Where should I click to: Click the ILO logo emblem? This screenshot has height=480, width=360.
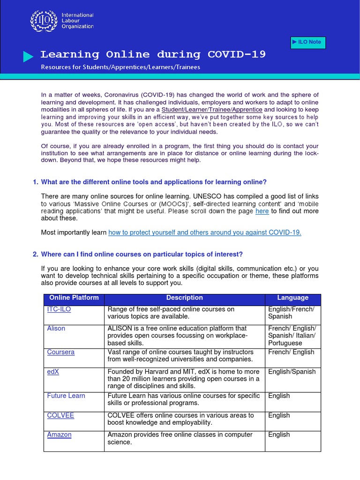[x=42, y=21]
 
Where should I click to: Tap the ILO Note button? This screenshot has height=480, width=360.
[x=307, y=42]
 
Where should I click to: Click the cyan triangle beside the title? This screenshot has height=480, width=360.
[x=29, y=57]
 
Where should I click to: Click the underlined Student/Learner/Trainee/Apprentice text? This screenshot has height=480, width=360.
[x=212, y=109]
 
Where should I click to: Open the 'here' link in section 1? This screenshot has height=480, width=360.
[x=262, y=211]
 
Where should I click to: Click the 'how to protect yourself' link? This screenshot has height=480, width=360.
[x=205, y=232]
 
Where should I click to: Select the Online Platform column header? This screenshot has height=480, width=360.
[x=74, y=298]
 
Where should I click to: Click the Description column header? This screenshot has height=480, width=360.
[x=184, y=298]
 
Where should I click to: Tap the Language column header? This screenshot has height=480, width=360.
[x=292, y=298]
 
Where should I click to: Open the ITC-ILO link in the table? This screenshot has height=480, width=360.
[x=59, y=309]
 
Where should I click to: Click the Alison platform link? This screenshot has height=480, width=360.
[x=56, y=328]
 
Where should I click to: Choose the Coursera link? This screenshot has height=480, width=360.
[x=61, y=352]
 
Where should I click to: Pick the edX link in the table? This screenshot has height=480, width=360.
[x=54, y=372]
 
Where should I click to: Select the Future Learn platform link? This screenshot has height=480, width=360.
[x=66, y=396]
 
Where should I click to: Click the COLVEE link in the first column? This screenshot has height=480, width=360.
[x=60, y=415]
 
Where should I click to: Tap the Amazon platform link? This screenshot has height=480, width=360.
[x=60, y=435]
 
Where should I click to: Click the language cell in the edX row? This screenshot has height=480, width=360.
[x=292, y=372]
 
